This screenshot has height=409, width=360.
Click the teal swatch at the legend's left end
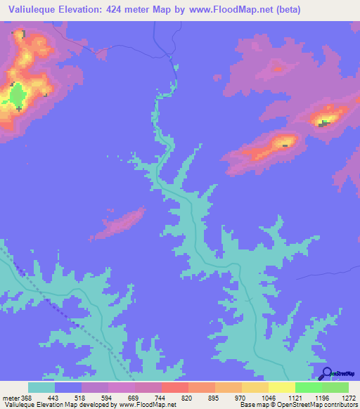pyautogui.click(x=41, y=387)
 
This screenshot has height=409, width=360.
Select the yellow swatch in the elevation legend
pyautogui.click(x=281, y=387)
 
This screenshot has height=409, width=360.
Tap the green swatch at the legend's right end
pyautogui.click(x=335, y=387)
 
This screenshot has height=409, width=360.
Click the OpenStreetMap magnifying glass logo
pyautogui.click(x=326, y=373)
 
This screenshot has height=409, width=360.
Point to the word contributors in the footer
pyautogui.click(x=340, y=405)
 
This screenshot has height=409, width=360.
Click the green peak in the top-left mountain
pyautogui.click(x=16, y=94)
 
